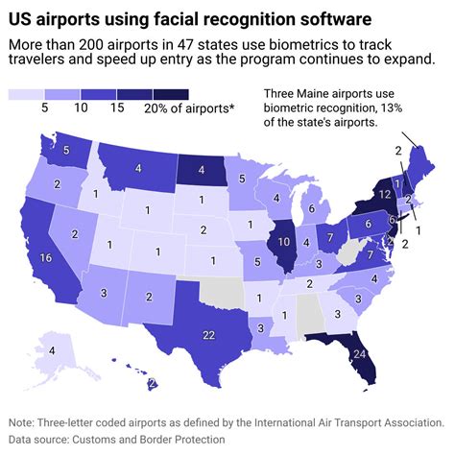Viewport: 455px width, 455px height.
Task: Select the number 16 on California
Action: click(45, 257)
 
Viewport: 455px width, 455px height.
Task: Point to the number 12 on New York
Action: click(384, 194)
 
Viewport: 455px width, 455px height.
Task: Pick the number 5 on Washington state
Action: click(67, 151)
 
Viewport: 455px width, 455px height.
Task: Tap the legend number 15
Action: click(118, 108)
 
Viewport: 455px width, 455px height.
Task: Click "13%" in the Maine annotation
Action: click(410, 108)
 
